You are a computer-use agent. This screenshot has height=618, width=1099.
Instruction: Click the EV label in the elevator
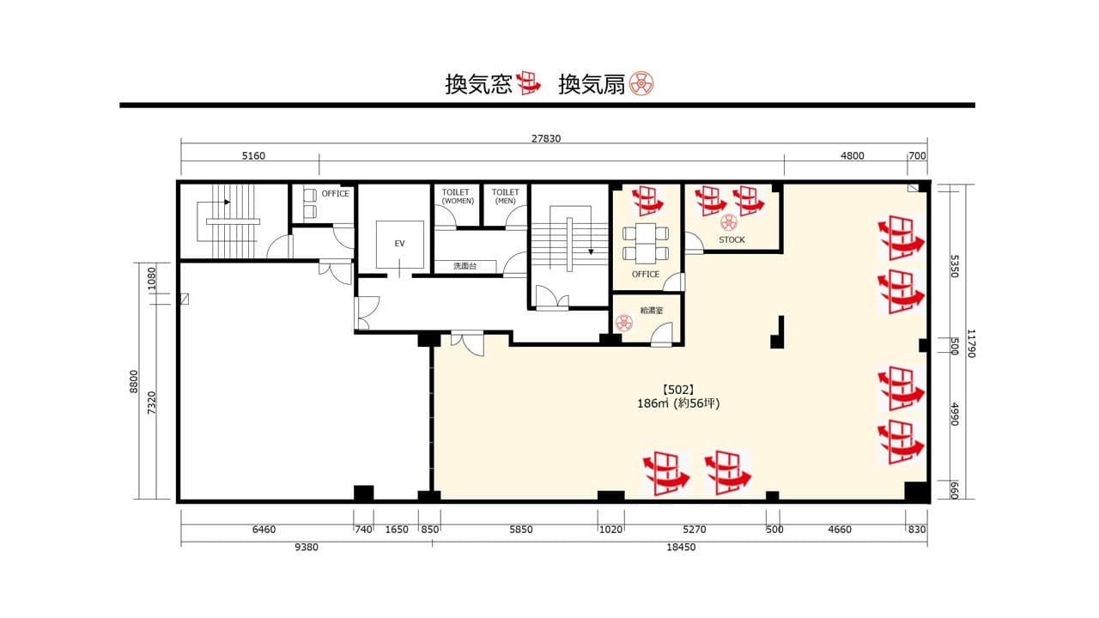(399, 243)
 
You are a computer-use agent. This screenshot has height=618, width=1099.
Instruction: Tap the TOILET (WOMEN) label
(458, 197)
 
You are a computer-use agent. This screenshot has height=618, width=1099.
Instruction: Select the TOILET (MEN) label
(506, 197)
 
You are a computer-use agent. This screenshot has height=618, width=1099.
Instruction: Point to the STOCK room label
(732, 239)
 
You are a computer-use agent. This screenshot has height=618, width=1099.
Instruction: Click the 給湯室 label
(652, 311)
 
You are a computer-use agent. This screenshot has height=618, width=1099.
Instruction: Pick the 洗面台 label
(464, 266)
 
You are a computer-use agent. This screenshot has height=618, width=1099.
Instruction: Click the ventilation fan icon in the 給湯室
(624, 323)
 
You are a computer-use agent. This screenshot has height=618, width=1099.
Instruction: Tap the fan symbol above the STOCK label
(729, 222)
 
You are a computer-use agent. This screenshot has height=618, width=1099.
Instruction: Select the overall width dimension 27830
(545, 138)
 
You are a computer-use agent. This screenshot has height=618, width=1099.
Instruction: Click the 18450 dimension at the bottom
(681, 547)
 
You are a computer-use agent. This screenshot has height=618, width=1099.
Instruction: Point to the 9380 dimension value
(307, 547)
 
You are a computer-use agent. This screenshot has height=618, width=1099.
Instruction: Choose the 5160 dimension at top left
(253, 156)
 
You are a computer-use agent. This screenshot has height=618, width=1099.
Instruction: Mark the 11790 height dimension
(970, 342)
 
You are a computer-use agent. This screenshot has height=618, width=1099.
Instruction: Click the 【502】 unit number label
(678, 390)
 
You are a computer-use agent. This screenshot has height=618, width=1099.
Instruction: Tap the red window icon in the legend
(528, 83)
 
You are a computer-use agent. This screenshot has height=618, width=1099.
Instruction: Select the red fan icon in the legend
(641, 83)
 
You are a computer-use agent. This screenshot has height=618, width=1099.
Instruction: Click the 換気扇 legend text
(592, 84)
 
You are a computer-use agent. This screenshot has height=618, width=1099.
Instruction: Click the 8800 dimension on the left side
(134, 381)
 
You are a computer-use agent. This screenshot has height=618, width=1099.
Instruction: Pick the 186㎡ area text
(653, 403)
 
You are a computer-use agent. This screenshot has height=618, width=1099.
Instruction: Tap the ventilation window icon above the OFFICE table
(647, 201)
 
